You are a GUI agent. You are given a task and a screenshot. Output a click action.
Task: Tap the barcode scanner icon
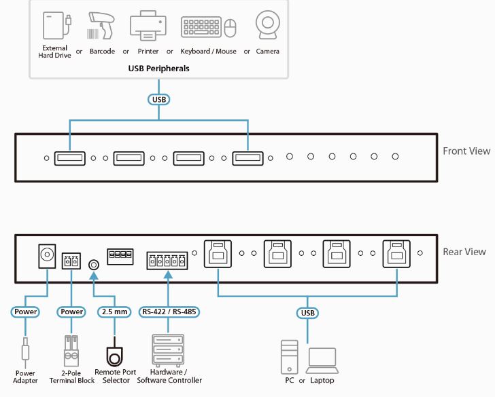coord(101,26)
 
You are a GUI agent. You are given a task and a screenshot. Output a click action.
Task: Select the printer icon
coord(148,26)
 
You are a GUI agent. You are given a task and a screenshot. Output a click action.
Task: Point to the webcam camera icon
coord(268,25)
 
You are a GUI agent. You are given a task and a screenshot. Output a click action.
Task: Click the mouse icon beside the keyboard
coord(230,28)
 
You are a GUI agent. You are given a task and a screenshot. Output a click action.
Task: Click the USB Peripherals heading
coord(158,69)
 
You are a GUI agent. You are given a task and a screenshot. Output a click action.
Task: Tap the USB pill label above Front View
coord(159,100)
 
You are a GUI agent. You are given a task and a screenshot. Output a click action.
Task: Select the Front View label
coord(466,151)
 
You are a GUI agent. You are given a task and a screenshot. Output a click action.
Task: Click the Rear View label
coord(464,252)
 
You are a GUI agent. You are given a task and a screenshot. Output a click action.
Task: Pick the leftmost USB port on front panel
coord(70,158)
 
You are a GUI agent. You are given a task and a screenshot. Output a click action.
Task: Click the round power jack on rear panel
coord(47,256)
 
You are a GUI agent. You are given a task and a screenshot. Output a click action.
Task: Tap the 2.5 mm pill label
coord(114,312)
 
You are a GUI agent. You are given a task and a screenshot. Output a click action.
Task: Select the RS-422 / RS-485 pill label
coord(169,312)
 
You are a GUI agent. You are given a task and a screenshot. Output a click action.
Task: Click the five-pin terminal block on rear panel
coord(167,261)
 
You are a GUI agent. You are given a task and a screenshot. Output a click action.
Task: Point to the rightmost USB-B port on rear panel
coord(396,254)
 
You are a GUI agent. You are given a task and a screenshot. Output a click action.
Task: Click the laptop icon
coord(322,361)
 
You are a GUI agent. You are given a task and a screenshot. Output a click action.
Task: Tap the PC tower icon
coord(290,357)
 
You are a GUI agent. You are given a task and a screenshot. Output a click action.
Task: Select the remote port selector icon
coord(114,353)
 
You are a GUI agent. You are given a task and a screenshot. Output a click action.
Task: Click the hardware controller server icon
coord(168,349)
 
